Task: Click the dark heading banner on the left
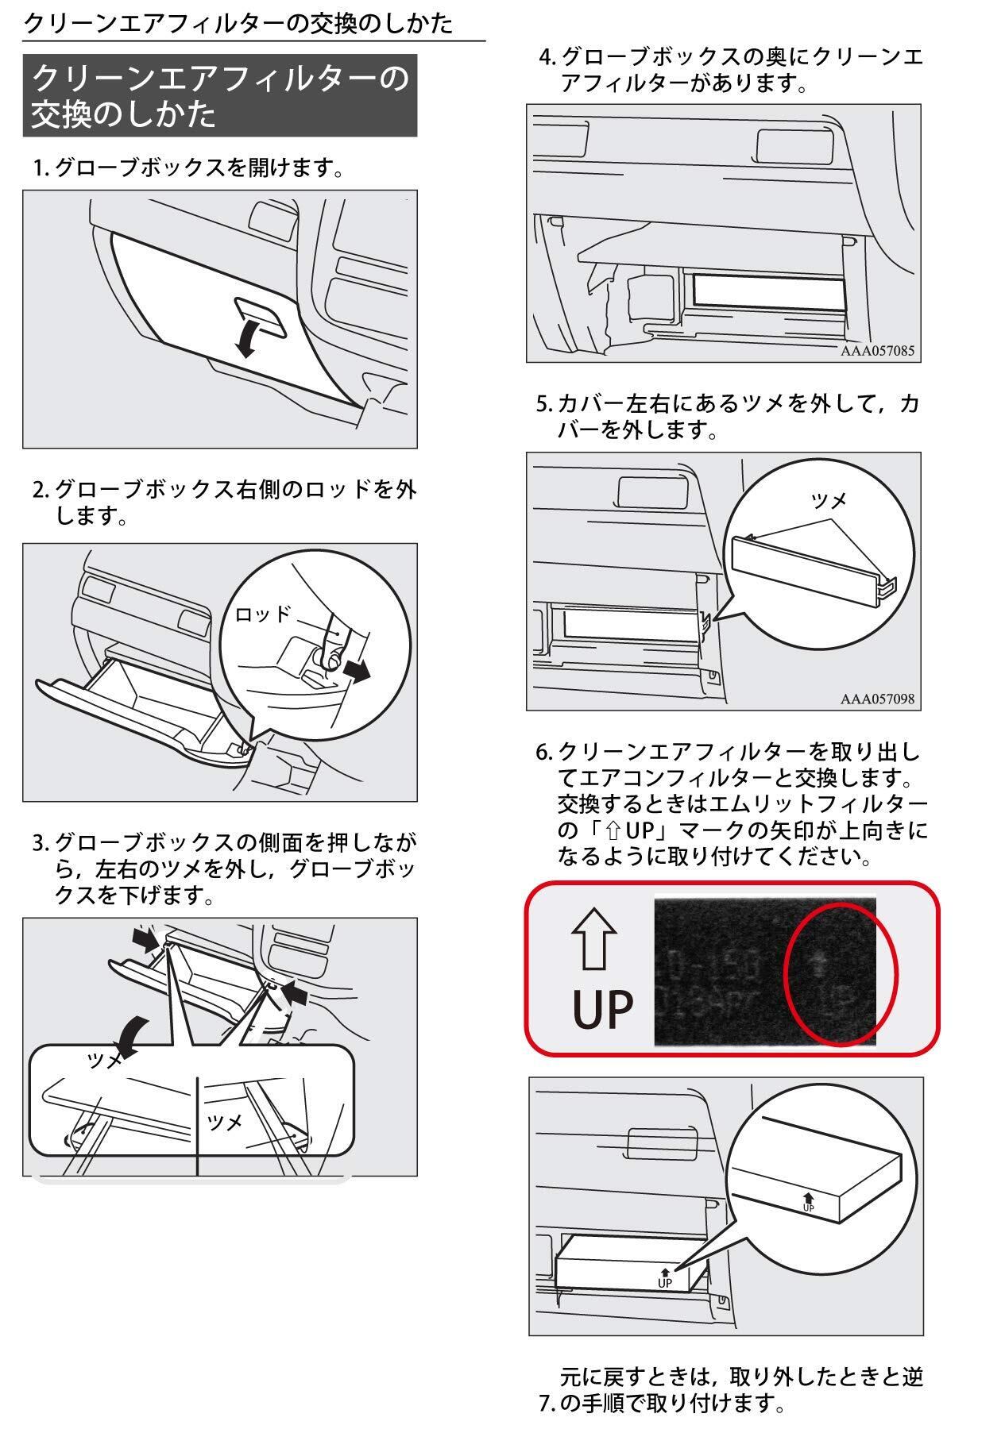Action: (x=219, y=95)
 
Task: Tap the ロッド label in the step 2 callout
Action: (x=262, y=613)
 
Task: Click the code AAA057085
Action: (x=877, y=350)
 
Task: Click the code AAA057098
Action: (x=877, y=699)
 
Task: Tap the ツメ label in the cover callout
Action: (x=829, y=499)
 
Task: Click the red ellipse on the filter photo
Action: (x=840, y=974)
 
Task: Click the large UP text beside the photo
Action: (x=603, y=1009)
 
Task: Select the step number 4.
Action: (x=546, y=57)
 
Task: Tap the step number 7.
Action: (x=546, y=1404)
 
